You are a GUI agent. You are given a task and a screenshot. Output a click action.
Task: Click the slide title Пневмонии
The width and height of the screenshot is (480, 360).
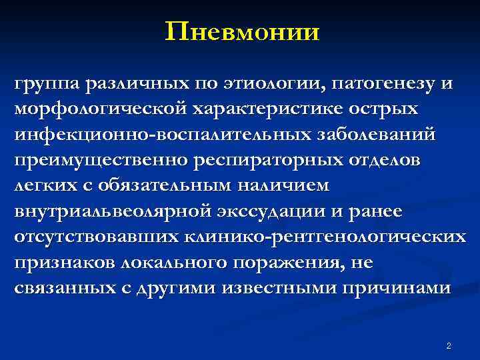(x=243, y=31)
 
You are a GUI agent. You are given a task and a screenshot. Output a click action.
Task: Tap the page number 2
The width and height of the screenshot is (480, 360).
(x=448, y=345)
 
